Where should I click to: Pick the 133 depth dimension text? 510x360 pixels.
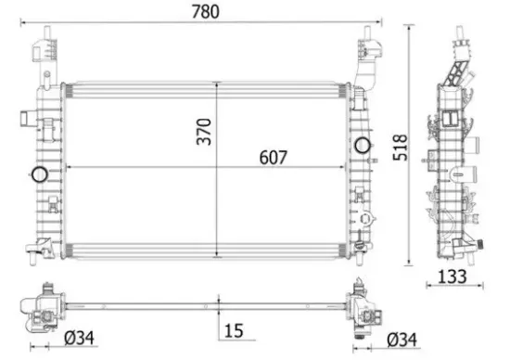point(453,276)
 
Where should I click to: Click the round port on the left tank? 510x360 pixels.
point(39,174)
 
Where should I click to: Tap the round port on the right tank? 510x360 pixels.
point(362,145)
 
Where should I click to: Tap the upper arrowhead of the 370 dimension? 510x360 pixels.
point(217,85)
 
